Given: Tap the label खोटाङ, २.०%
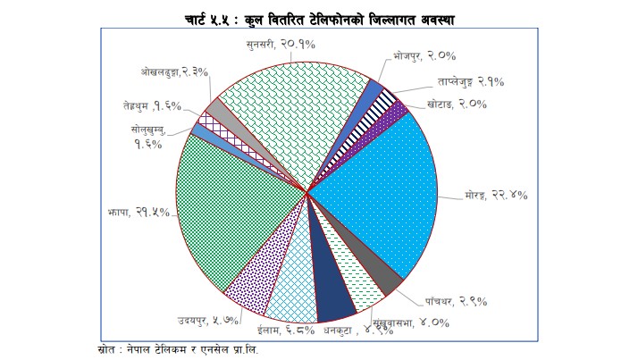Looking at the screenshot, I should click(456, 105).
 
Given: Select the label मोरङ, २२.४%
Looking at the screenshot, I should click(496, 195).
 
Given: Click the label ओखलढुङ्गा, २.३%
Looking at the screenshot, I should click(175, 71).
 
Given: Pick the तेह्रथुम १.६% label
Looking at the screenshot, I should click(153, 105).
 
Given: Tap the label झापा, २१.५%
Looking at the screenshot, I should click(126, 213).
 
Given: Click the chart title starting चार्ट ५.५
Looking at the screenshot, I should click(318, 18).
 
